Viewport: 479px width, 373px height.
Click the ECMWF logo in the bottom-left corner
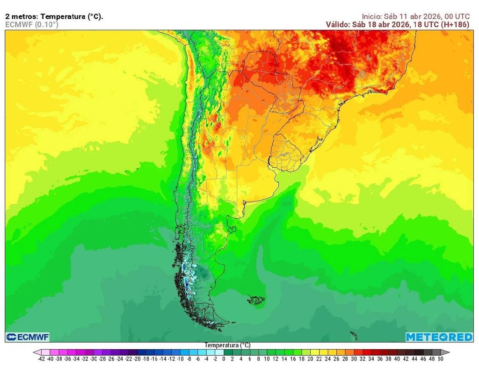point(28,337)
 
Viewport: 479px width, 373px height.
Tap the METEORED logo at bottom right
point(439,337)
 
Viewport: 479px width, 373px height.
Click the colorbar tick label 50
point(440,359)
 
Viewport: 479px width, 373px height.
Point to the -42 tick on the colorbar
point(42,359)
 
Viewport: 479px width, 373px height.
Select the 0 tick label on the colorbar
point(224,359)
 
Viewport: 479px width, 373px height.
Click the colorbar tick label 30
point(354,359)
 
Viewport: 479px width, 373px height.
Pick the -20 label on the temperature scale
point(137,359)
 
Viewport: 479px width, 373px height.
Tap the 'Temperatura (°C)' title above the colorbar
point(227,345)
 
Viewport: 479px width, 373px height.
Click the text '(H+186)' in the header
point(455,24)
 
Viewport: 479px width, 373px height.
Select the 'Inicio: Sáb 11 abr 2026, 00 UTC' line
point(416,16)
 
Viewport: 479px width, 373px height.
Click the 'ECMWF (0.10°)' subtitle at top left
point(32,24)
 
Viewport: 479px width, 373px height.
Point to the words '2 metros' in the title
point(21,16)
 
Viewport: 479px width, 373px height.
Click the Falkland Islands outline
point(256,299)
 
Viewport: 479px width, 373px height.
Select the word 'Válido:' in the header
point(338,24)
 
